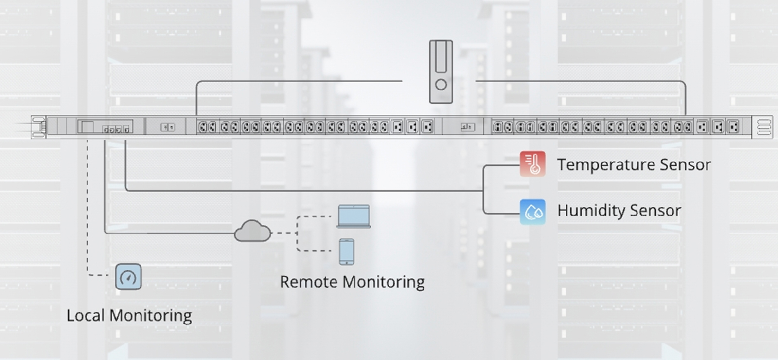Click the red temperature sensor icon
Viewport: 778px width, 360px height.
pyautogui.click(x=532, y=164)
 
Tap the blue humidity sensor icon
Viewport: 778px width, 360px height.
pyautogui.click(x=532, y=212)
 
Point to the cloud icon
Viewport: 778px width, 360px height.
pyautogui.click(x=252, y=232)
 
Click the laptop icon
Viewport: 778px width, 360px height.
pyautogui.click(x=354, y=216)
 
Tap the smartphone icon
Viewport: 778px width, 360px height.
pyautogui.click(x=347, y=252)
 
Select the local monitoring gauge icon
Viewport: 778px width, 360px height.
pyautogui.click(x=128, y=277)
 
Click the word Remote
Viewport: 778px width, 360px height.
pyautogui.click(x=308, y=282)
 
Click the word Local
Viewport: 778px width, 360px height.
pyautogui.click(x=86, y=315)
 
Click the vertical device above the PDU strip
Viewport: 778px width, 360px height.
pyautogui.click(x=441, y=72)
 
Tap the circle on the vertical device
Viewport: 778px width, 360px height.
pyautogui.click(x=441, y=85)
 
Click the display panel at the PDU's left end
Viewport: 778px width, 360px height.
pyautogui.click(x=105, y=127)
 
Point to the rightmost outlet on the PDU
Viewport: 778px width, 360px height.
pyautogui.click(x=733, y=127)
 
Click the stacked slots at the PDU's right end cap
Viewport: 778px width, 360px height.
pyautogui.click(x=764, y=127)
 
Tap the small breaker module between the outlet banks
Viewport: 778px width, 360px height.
pyautogui.click(x=468, y=127)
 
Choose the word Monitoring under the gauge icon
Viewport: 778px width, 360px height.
pyautogui.click(x=151, y=316)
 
